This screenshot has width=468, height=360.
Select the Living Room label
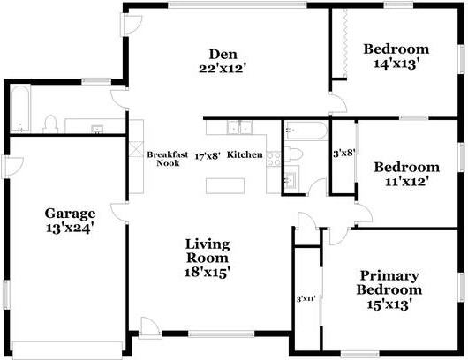point(208,259)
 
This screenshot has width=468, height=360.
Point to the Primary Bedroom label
point(389,289)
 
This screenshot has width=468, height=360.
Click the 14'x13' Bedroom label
point(396,56)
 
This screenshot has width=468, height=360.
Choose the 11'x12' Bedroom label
point(405,174)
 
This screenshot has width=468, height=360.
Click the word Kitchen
point(245,154)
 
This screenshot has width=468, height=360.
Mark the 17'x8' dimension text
point(207,154)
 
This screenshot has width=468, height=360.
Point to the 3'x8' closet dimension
point(343,153)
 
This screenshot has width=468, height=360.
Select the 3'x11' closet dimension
point(306,299)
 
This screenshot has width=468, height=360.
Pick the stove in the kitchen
point(274,158)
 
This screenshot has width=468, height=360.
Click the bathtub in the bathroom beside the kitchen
point(306,131)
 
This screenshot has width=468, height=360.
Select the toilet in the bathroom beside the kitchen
point(297,154)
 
